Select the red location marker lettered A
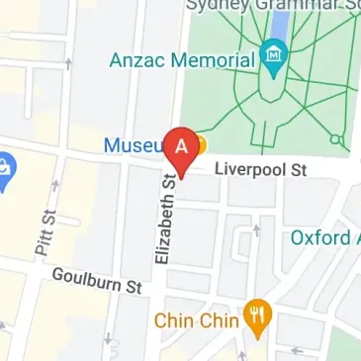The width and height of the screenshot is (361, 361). (x=182, y=149)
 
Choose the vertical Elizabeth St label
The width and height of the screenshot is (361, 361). (x=165, y=218)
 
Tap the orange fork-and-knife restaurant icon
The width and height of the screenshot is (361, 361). (x=259, y=317)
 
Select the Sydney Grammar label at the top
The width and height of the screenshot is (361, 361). (x=272, y=5)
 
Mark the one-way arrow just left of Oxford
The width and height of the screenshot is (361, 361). (x=256, y=231)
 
